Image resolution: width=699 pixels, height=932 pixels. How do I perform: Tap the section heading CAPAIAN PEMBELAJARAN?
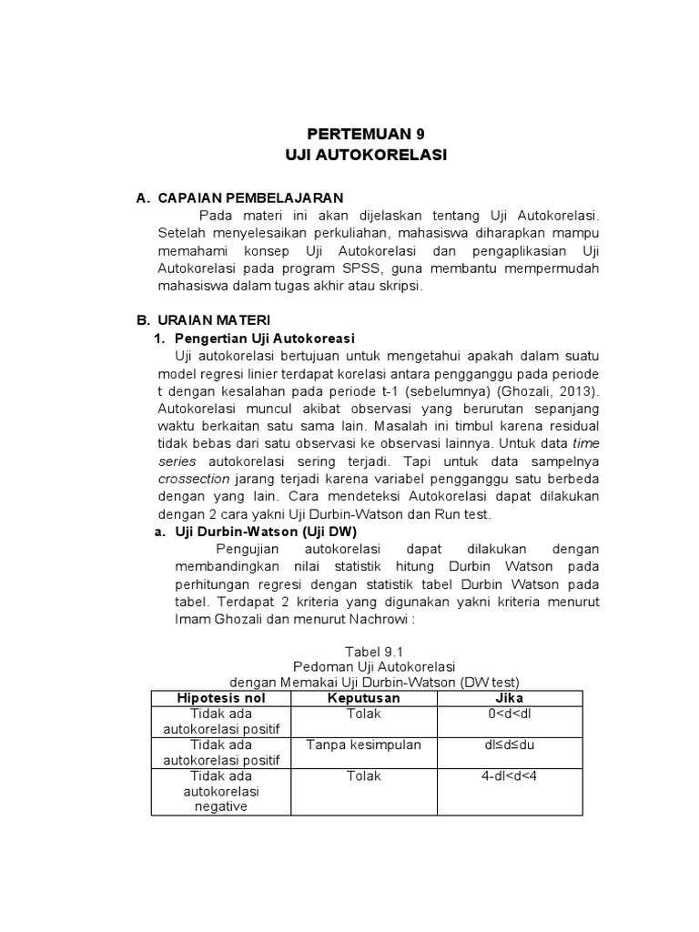click(250, 198)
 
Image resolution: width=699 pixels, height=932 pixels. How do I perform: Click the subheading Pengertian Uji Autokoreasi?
click(264, 338)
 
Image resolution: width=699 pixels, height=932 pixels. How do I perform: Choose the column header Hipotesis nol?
click(222, 697)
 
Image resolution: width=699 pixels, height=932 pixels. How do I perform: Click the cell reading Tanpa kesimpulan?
click(364, 745)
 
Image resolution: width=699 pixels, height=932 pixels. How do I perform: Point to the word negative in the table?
click(222, 807)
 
